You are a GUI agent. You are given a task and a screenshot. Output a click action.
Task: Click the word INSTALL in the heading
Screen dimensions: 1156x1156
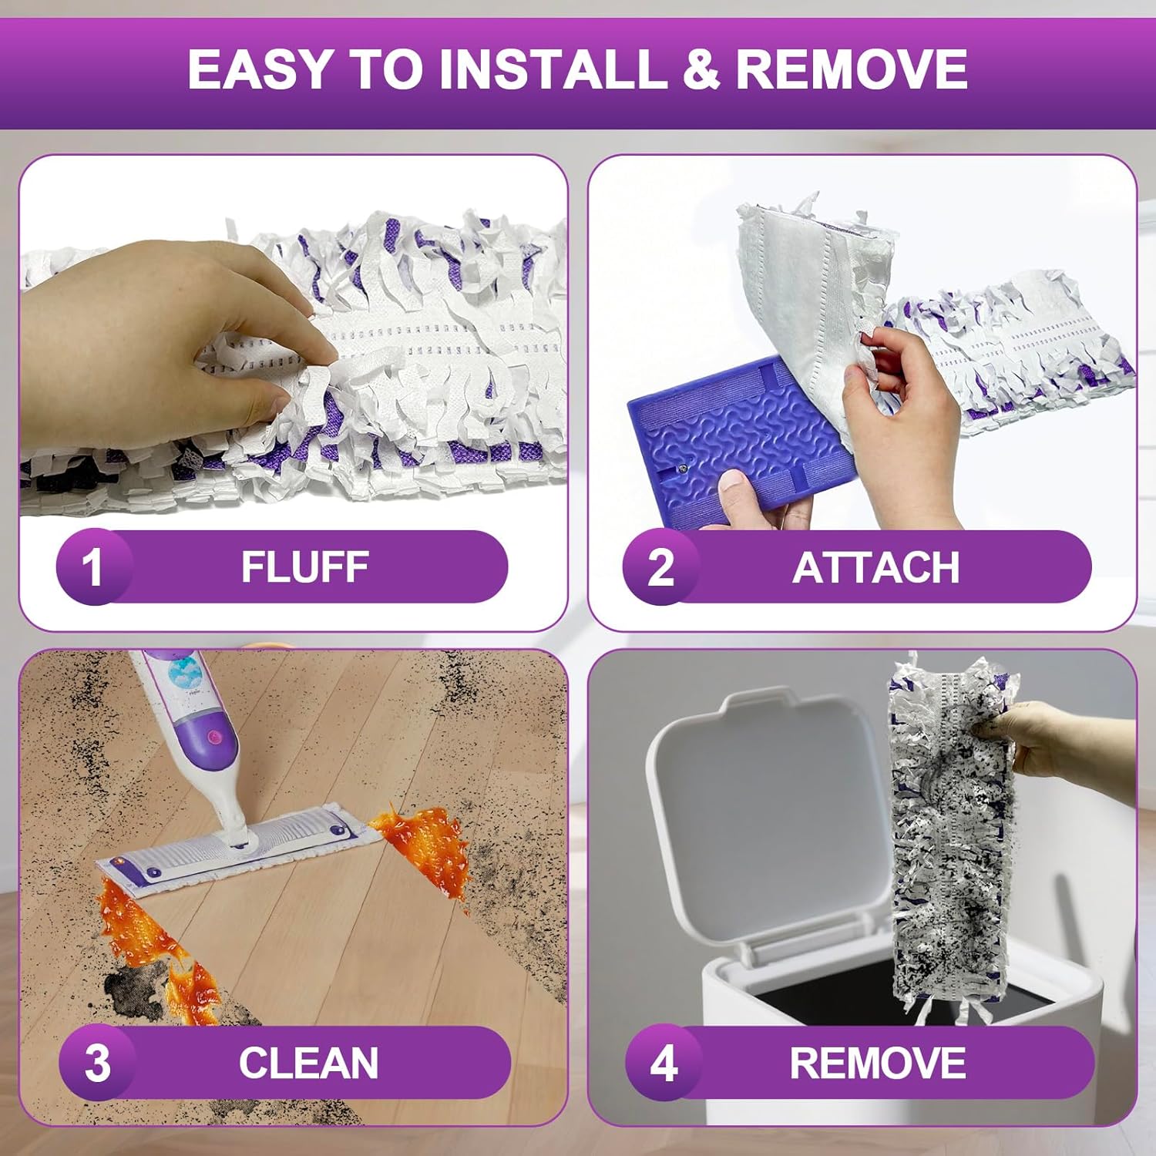pos(553,69)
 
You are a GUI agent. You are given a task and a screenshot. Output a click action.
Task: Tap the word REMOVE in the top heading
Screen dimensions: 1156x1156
pos(852,69)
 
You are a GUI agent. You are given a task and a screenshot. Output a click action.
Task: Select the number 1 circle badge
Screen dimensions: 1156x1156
pos(93,567)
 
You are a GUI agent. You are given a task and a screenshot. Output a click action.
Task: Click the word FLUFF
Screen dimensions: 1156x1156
pos(305,567)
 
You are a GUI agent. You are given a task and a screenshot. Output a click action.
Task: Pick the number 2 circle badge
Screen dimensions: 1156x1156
pos(660,567)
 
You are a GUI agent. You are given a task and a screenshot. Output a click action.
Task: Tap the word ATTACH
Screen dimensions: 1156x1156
pos(876,568)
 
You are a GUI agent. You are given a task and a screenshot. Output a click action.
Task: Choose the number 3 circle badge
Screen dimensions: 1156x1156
pos(97,1064)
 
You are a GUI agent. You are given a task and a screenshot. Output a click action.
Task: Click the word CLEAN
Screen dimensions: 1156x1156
pos(308,1064)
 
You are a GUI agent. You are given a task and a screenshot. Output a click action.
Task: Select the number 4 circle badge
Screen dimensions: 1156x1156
pos(664,1064)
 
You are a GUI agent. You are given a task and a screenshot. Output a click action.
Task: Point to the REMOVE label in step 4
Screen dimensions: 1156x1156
pos(878,1064)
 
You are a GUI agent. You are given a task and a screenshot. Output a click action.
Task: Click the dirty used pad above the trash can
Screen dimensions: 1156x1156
pos(949,836)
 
